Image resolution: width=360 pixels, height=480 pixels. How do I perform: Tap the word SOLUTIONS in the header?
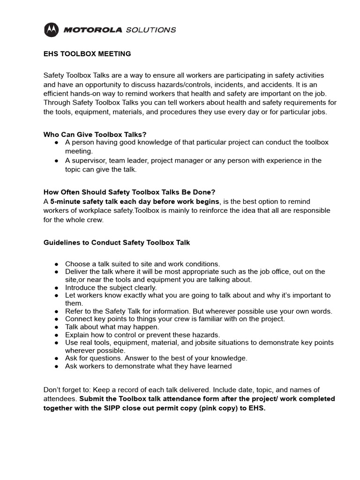tap(151, 30)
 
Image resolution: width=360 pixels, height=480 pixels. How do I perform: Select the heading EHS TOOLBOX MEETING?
tap(87, 54)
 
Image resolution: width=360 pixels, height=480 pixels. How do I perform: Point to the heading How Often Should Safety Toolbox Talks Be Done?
tap(129, 192)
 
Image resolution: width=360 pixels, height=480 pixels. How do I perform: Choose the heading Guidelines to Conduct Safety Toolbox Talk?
tap(117, 242)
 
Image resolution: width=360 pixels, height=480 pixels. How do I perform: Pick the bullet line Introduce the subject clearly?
tap(111, 287)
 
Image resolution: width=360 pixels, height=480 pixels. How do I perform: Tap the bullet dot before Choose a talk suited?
tap(56, 264)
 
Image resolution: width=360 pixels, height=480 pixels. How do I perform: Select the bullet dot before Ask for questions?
tap(56, 358)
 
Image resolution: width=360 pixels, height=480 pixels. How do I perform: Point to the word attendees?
tap(60, 399)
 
